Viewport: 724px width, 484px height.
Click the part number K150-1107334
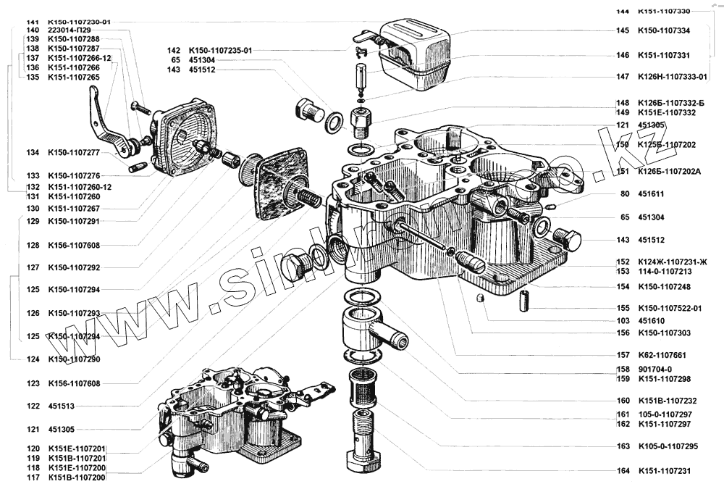(663, 31)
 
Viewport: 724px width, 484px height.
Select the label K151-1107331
(663, 54)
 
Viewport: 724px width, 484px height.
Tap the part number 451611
(652, 194)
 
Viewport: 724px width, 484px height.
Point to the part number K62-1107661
(662, 355)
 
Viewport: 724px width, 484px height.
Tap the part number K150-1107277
(73, 153)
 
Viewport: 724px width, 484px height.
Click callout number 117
(32, 477)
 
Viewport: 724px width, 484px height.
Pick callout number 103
(623, 320)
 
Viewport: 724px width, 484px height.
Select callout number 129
(32, 221)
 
